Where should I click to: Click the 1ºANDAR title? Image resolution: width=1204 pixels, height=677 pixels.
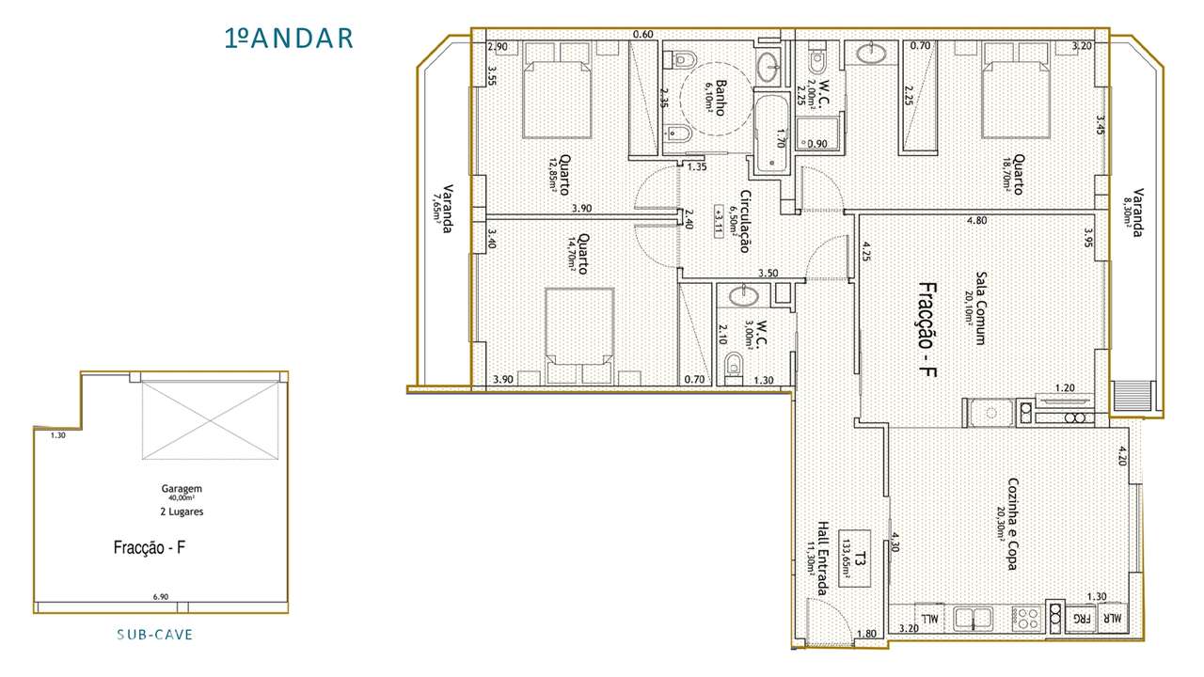pyautogui.click(x=289, y=39)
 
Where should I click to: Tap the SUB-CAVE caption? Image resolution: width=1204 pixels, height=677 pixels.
pyautogui.click(x=155, y=635)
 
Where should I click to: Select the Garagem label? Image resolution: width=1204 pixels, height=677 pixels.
pyautogui.click(x=182, y=489)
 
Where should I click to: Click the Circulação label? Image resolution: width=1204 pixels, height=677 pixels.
pyautogui.click(x=743, y=222)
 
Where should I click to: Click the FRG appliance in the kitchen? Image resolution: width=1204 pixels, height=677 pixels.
pyautogui.click(x=1083, y=620)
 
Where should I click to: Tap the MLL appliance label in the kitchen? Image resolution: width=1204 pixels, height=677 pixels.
pyautogui.click(x=929, y=620)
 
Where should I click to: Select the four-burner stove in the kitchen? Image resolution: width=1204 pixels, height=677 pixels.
pyautogui.click(x=1026, y=619)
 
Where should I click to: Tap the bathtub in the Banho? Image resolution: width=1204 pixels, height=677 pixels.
pyautogui.click(x=773, y=133)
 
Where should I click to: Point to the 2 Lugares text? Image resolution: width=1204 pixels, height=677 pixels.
pyautogui.click(x=182, y=512)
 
